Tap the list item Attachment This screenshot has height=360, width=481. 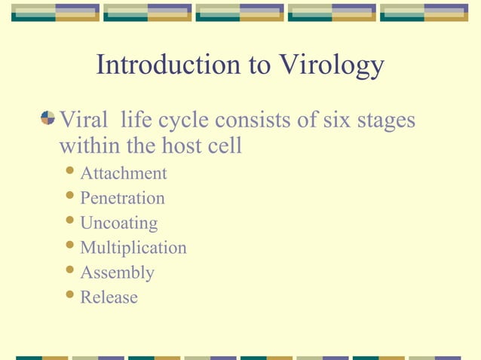click(124, 174)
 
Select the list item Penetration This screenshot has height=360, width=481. click(122, 199)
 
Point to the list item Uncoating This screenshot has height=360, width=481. click(119, 224)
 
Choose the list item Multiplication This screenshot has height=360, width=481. click(133, 248)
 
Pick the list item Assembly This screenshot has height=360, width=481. click(117, 273)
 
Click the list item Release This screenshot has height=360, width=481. click(109, 297)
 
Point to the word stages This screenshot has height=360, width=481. click(388, 121)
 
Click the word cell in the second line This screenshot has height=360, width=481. click(225, 145)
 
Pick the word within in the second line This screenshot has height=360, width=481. click(84, 145)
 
